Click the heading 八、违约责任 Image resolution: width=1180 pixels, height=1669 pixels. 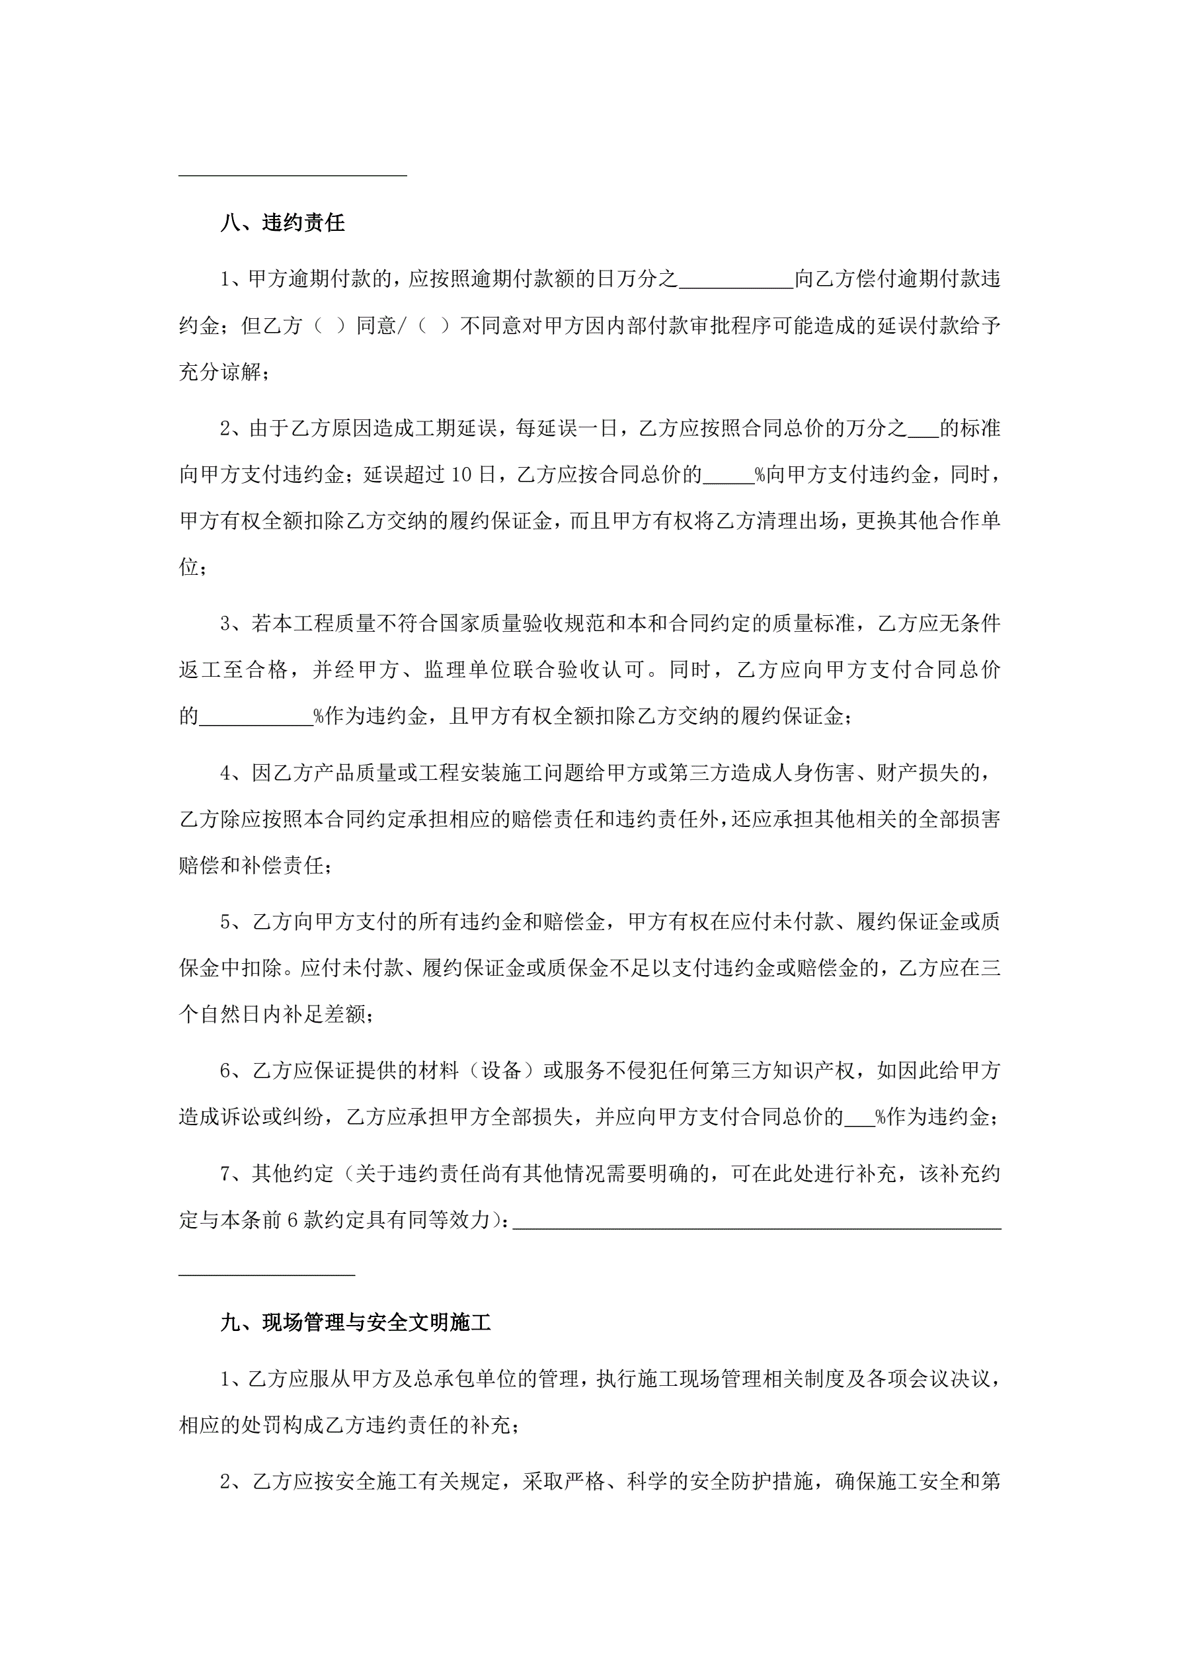coord(283,223)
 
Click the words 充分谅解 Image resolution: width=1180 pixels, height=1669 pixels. coord(219,372)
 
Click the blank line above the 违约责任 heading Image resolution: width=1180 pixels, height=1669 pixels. coord(293,173)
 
